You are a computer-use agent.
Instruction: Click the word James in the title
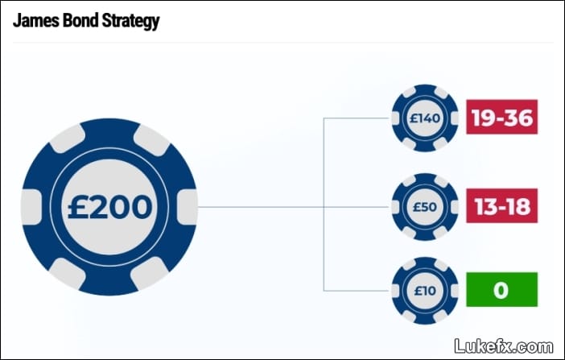coord(36,20)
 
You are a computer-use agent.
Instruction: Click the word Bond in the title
coord(80,20)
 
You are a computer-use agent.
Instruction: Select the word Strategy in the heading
coord(130,22)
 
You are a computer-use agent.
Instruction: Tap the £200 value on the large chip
coord(109,207)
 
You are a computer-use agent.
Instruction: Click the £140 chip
coord(425,118)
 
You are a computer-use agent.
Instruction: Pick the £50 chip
coord(425,207)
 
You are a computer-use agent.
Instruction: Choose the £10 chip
coord(425,291)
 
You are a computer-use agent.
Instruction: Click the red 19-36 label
coord(501,118)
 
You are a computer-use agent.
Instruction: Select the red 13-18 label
coord(501,205)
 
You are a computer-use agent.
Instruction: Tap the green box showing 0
coord(501,290)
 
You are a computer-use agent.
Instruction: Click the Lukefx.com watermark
coord(503,346)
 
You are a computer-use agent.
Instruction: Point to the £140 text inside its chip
coord(425,118)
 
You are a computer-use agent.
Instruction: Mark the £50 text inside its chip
coord(425,207)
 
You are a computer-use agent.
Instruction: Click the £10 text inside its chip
coord(425,291)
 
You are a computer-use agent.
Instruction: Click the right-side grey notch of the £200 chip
coord(188,207)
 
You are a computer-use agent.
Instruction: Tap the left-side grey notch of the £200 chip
coord(31,207)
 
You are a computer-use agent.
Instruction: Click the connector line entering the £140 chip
coord(357,118)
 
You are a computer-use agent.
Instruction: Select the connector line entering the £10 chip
coord(357,291)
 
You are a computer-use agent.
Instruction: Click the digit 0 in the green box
coord(501,290)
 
